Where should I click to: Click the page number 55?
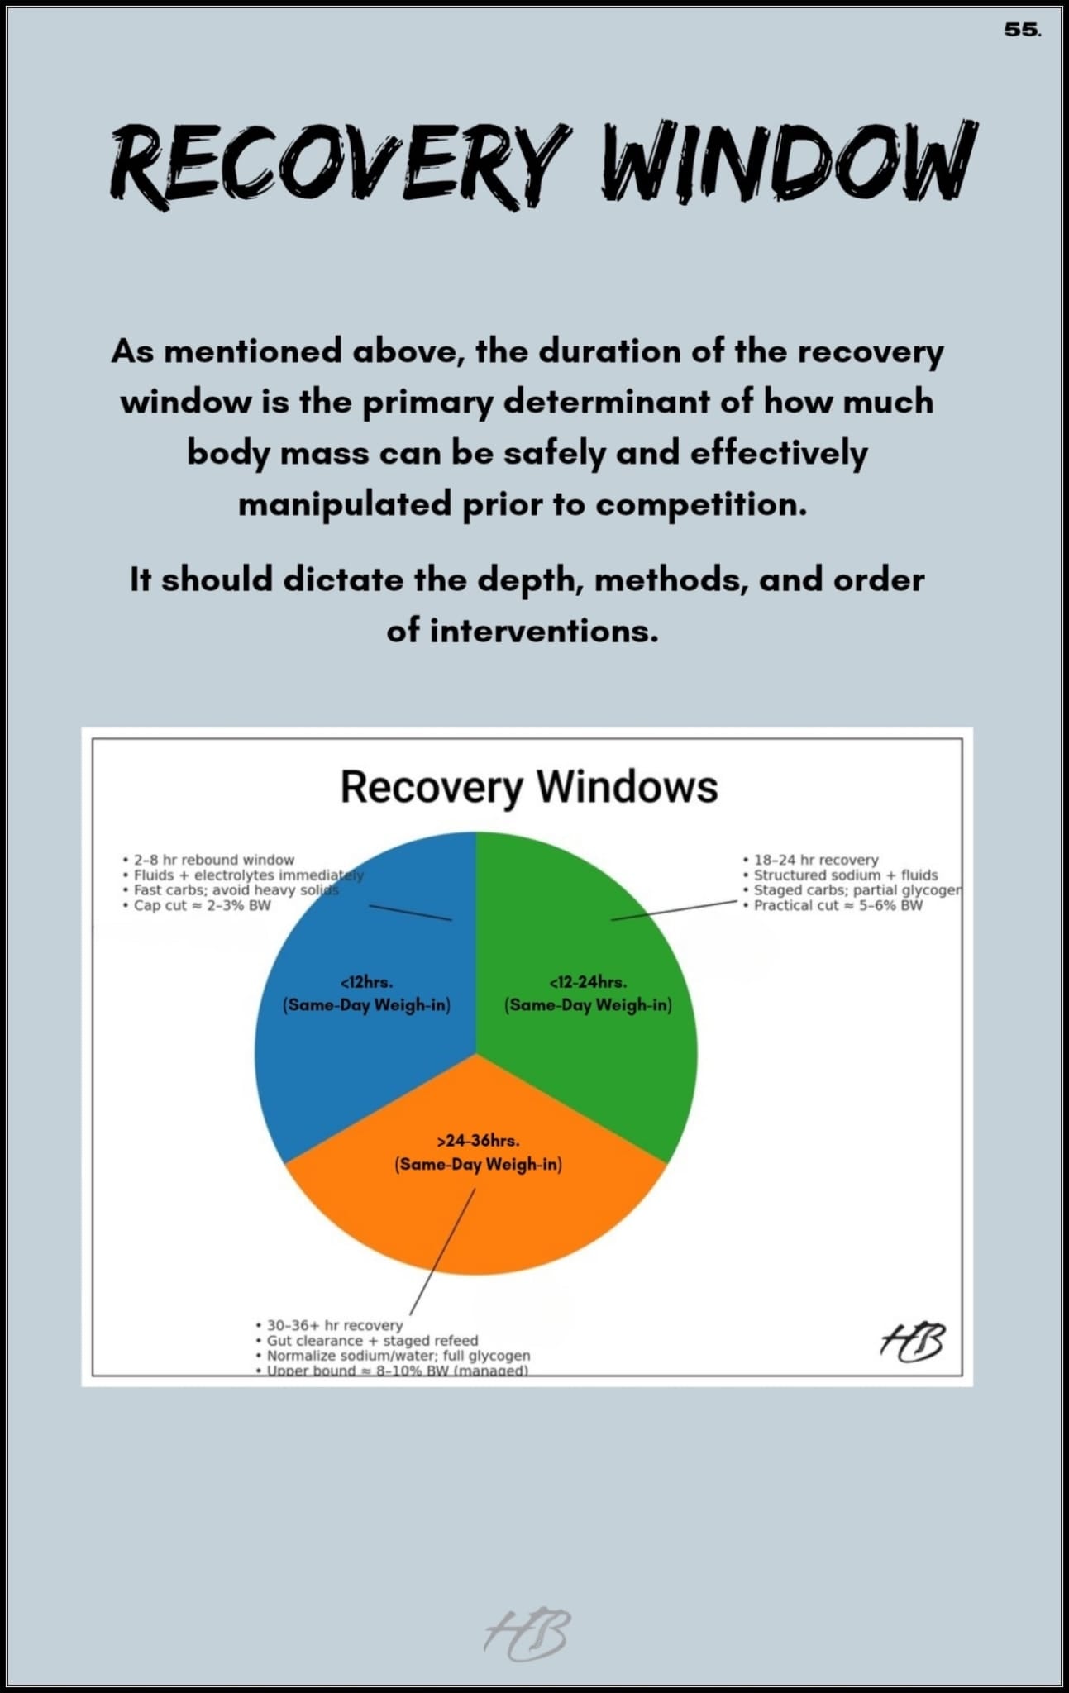1022,30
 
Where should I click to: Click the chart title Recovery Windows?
529,786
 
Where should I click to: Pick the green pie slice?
612,1075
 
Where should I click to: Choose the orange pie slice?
476,1215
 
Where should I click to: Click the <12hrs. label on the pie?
366,983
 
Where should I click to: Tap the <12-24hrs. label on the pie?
588,983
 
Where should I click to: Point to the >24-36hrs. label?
478,1141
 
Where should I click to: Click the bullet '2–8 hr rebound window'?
213,860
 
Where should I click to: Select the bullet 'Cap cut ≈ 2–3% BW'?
202,905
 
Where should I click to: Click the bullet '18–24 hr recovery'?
815,860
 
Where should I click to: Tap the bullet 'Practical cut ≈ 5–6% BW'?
837,905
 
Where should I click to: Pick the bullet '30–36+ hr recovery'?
334,1325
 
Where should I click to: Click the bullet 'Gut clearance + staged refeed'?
372,1340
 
